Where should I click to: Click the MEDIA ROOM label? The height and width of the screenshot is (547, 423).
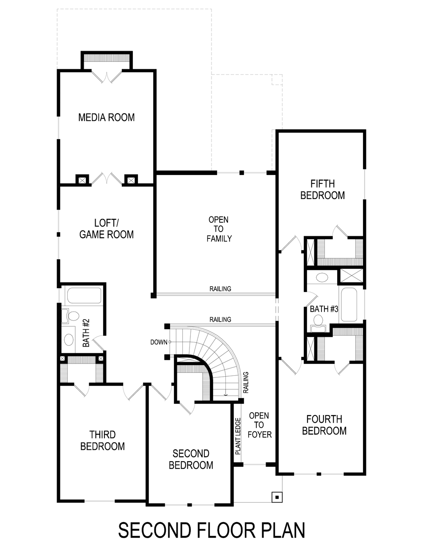tap(106, 117)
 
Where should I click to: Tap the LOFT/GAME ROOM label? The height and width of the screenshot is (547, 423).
tap(106, 229)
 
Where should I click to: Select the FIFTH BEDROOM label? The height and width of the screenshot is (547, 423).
tap(322, 189)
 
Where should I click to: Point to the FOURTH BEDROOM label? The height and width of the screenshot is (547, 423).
tap(324, 425)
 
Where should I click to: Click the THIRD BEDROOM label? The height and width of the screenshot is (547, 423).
tap(102, 440)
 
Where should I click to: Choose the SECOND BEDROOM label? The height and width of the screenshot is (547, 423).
tap(191, 459)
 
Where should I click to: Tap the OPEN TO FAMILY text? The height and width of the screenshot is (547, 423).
tap(219, 229)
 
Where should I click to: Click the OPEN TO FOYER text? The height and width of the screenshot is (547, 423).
tap(259, 425)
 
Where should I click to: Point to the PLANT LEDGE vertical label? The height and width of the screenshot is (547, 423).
tap(238, 436)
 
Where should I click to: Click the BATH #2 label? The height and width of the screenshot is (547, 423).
tap(87, 334)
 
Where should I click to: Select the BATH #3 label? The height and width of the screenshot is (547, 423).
tap(324, 309)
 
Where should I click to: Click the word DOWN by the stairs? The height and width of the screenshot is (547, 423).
tap(159, 342)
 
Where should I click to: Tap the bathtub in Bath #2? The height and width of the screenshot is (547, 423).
tap(84, 295)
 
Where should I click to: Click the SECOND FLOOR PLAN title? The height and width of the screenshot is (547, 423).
tap(211, 530)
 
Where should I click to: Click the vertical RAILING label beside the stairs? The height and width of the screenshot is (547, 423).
tap(246, 382)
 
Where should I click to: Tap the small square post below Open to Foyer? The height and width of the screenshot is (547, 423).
tap(277, 497)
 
